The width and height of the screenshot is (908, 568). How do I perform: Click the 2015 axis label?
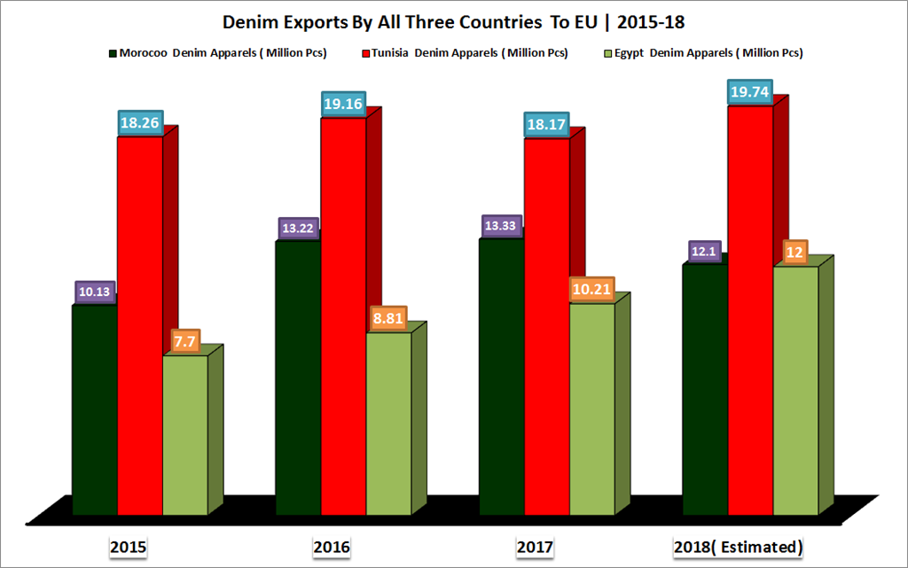(x=128, y=547)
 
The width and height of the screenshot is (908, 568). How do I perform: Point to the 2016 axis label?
(x=331, y=547)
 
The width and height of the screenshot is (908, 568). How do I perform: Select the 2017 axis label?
(x=535, y=547)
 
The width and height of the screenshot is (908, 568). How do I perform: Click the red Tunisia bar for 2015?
(x=140, y=324)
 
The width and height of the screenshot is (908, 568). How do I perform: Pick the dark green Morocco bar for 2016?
(x=298, y=377)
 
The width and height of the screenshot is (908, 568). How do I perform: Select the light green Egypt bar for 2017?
(x=591, y=408)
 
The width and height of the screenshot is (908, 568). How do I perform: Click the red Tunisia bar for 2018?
(x=750, y=309)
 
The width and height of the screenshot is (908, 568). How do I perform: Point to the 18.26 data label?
(x=140, y=124)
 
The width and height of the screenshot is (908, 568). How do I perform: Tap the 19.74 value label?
(x=750, y=93)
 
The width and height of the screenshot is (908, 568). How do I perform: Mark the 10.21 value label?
(x=591, y=289)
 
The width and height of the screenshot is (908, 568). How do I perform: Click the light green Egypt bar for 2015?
(x=184, y=434)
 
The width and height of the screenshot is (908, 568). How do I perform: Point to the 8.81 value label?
(x=388, y=318)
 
